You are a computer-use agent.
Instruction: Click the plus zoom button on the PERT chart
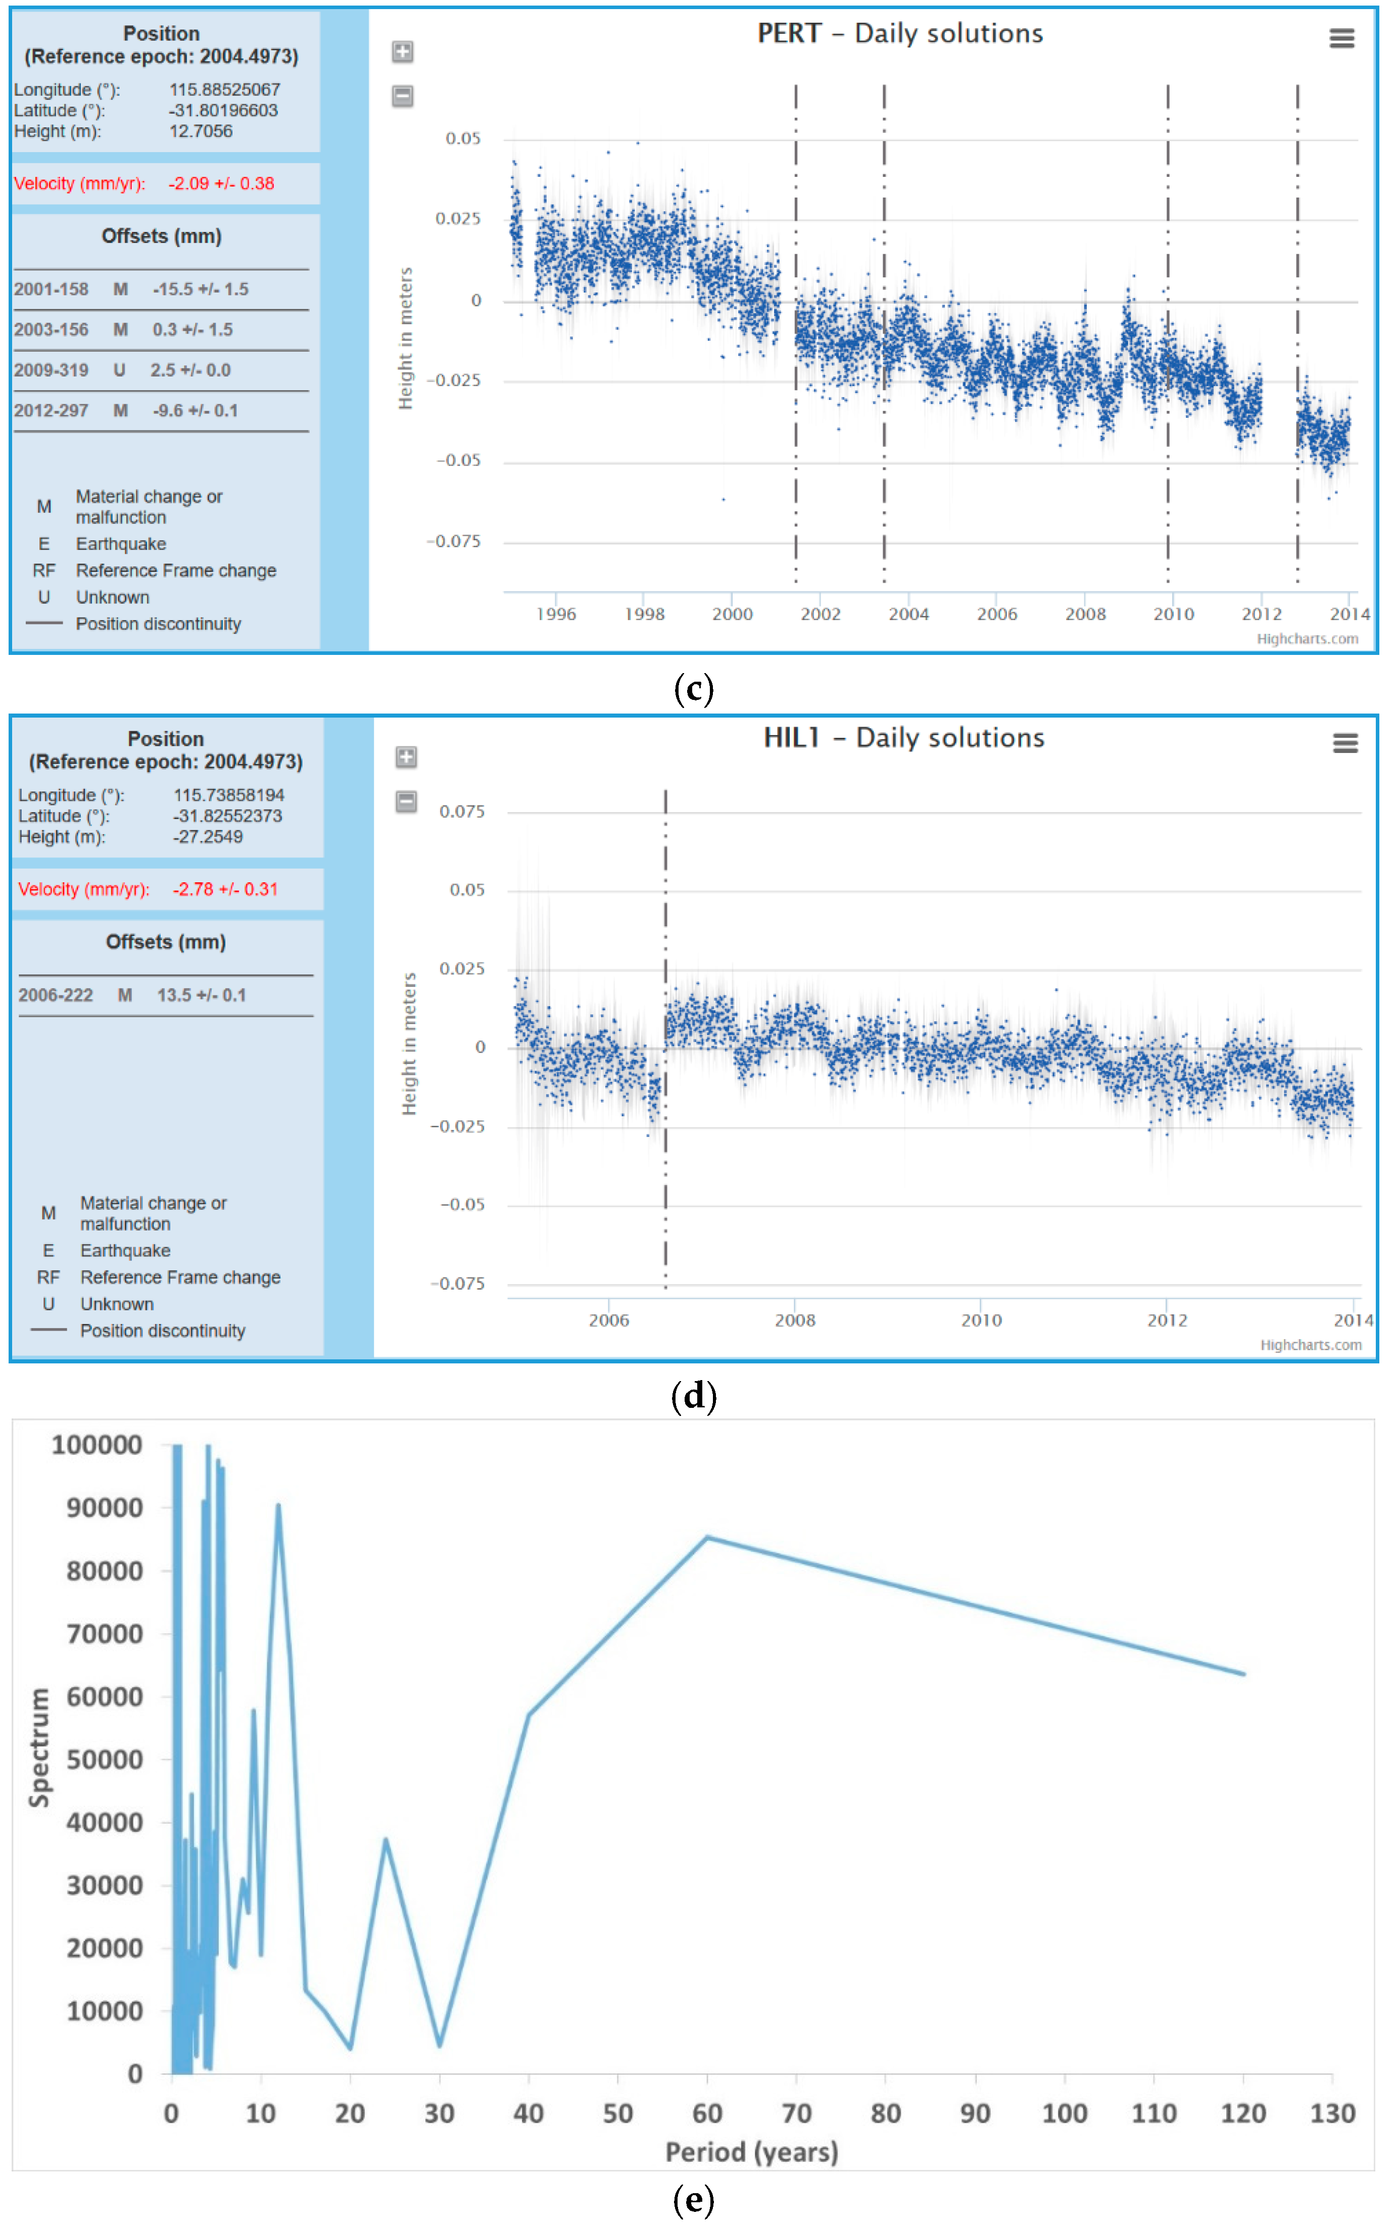click(402, 52)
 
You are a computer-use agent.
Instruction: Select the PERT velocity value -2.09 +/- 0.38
click(221, 183)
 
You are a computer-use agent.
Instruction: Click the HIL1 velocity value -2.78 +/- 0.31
click(225, 889)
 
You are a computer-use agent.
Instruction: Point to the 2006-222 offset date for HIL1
click(56, 996)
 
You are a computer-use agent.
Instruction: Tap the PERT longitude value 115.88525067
click(224, 89)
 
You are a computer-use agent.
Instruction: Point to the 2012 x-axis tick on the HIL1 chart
click(1167, 1320)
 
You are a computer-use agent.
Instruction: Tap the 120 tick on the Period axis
click(1243, 2113)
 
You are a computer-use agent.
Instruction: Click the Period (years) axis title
click(752, 2152)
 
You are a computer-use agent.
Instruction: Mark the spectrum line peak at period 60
click(707, 1537)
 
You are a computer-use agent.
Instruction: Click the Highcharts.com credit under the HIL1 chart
click(1310, 1345)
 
